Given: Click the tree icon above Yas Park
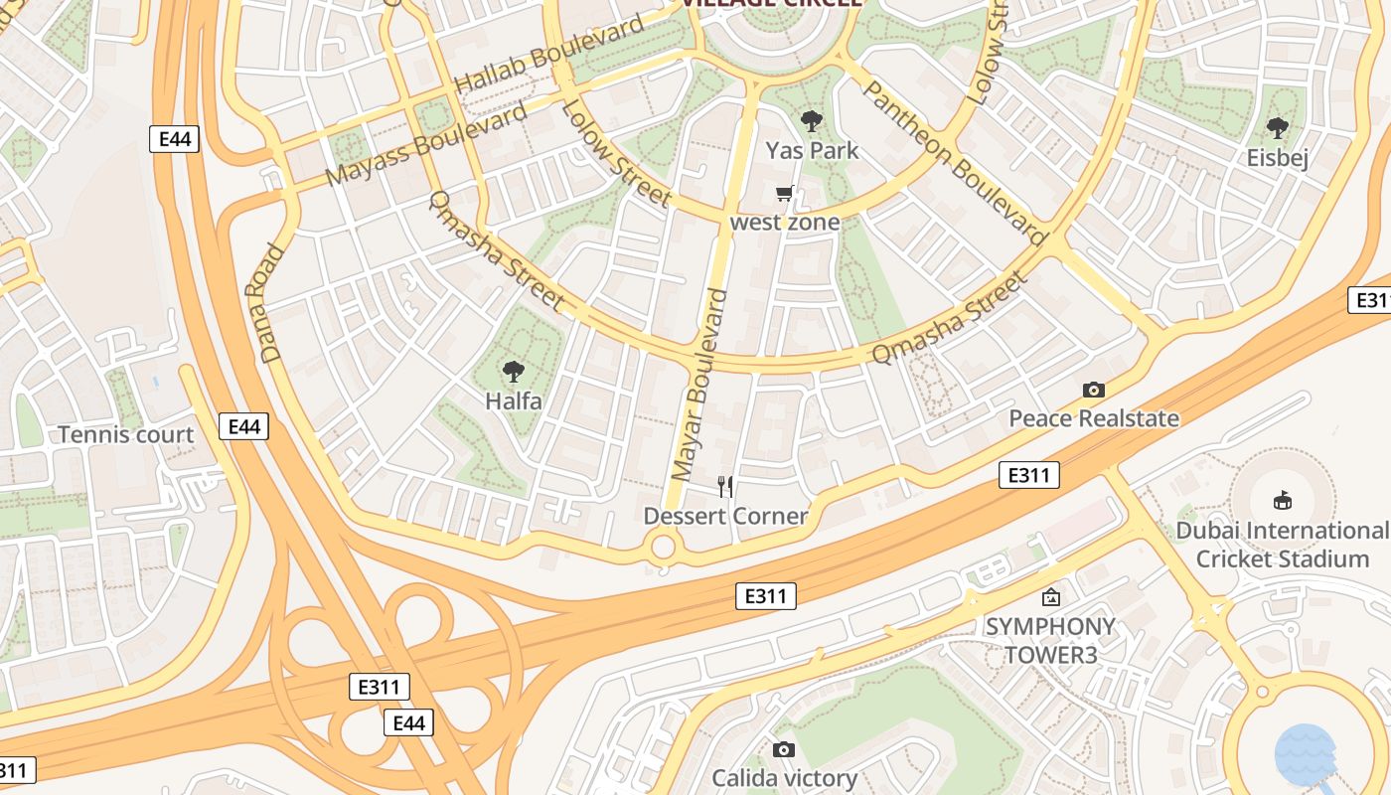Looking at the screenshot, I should [812, 122].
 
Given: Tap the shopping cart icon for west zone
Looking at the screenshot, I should [785, 193].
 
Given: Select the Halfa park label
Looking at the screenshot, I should [514, 401].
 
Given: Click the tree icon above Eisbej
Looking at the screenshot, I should [1278, 128].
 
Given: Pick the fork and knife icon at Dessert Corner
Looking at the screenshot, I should [726, 486].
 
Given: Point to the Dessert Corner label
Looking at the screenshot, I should [725, 516].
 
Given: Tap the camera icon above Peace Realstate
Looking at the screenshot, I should [1094, 390].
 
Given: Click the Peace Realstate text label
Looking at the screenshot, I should [1094, 418].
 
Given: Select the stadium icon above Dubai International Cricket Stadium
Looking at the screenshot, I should [1283, 501].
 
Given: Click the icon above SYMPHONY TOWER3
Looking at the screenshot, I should [1050, 597].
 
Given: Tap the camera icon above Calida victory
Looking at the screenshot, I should [784, 749].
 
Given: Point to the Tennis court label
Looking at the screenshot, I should [126, 434].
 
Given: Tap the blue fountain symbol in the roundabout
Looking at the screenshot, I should [1305, 753].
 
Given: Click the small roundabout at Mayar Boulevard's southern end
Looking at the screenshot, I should [662, 547].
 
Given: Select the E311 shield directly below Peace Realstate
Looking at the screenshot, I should [1028, 475].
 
